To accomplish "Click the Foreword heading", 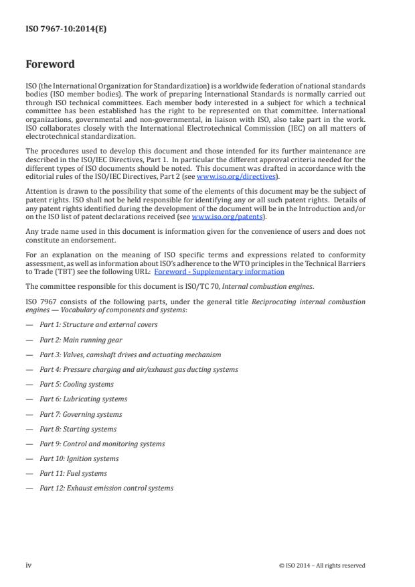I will click(x=50, y=65).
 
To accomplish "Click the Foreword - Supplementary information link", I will click(x=219, y=271).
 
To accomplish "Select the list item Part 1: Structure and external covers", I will click(x=98, y=324).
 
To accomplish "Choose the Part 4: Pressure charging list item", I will click(x=139, y=369).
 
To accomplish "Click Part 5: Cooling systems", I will click(x=76, y=384).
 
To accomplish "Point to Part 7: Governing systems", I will click(x=80, y=414).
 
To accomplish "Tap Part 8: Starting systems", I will click(x=78, y=429).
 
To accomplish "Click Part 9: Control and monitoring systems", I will click(x=102, y=444).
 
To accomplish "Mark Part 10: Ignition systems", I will click(x=79, y=458).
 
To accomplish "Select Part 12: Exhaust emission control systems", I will click(x=106, y=488).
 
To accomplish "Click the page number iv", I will click(x=28, y=565).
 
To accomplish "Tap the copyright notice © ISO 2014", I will click(x=321, y=566).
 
